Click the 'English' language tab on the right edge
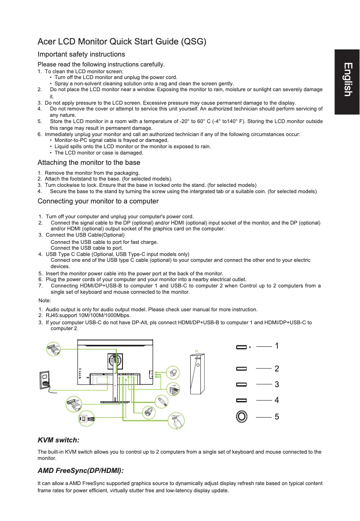tap(347, 79)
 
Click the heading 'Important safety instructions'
tap(81, 54)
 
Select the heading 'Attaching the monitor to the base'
tap(89, 163)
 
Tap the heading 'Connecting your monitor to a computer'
tap(98, 201)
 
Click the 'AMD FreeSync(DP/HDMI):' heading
tap(80, 470)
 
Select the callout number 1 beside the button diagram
tap(277, 346)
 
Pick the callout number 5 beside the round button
tap(277, 417)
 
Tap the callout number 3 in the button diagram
tap(277, 384)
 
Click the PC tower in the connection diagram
tap(197, 373)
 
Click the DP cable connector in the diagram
tap(74, 403)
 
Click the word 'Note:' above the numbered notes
tap(45, 300)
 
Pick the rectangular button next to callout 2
tap(241, 368)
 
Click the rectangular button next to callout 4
tap(241, 400)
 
